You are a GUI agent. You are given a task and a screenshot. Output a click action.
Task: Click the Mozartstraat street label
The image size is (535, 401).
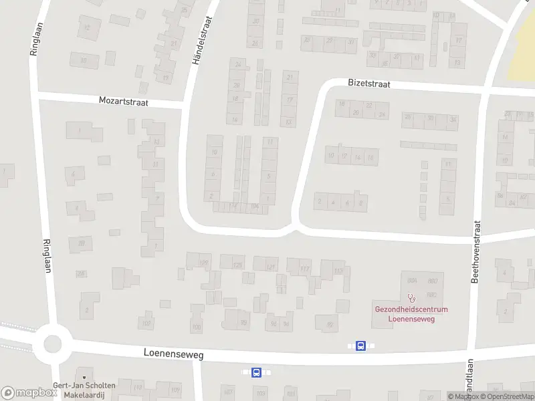coord(123,102)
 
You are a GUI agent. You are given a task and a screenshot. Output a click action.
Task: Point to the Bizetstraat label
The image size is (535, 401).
coord(368,85)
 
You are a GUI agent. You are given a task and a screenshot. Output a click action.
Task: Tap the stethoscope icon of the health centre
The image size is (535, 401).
coord(411,298)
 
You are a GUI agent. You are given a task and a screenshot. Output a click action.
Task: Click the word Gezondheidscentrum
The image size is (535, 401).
coord(411,309)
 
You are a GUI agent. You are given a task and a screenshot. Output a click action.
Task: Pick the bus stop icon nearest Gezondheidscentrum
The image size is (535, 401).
coord(360,346)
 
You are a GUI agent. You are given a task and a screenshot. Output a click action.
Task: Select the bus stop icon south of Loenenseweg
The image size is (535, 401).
coord(256,372)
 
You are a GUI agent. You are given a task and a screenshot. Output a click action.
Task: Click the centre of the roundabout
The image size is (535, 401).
coord(53,345)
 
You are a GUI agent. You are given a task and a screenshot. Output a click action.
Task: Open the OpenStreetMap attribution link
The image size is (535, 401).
coord(512,397)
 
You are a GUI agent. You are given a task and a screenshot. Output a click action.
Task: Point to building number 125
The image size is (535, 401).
coord(237,265)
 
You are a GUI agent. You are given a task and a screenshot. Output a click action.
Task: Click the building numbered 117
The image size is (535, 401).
coord(305,269)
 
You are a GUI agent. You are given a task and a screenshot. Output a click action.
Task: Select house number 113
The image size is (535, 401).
coord(338,271)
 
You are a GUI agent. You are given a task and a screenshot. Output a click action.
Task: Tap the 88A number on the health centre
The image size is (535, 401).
coord(412,281)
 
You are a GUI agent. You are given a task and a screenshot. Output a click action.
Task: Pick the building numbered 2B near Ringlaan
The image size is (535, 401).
coord(81,243)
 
